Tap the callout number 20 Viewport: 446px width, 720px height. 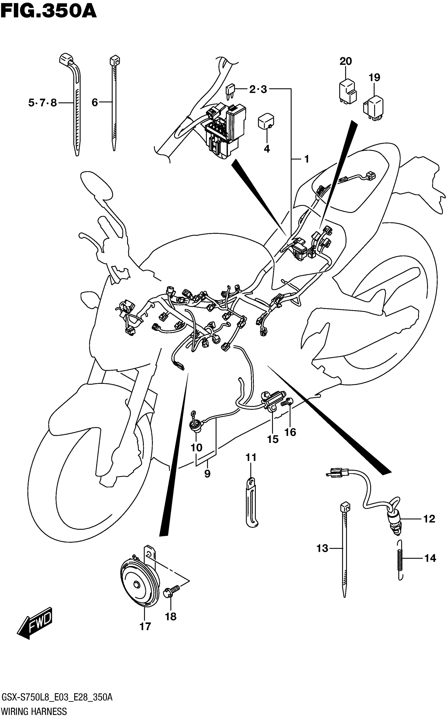click(346, 61)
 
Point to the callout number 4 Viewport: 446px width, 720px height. click(267, 149)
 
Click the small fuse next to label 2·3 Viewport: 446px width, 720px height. click(230, 90)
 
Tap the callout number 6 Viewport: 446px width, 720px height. click(95, 102)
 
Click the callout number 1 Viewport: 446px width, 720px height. click(306, 159)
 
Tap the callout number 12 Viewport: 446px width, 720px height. click(429, 519)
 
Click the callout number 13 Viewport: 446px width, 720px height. click(322, 548)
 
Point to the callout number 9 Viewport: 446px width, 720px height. click(207, 474)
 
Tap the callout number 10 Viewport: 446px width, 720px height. click(196, 447)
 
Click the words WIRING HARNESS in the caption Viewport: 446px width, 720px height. click(34, 711)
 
